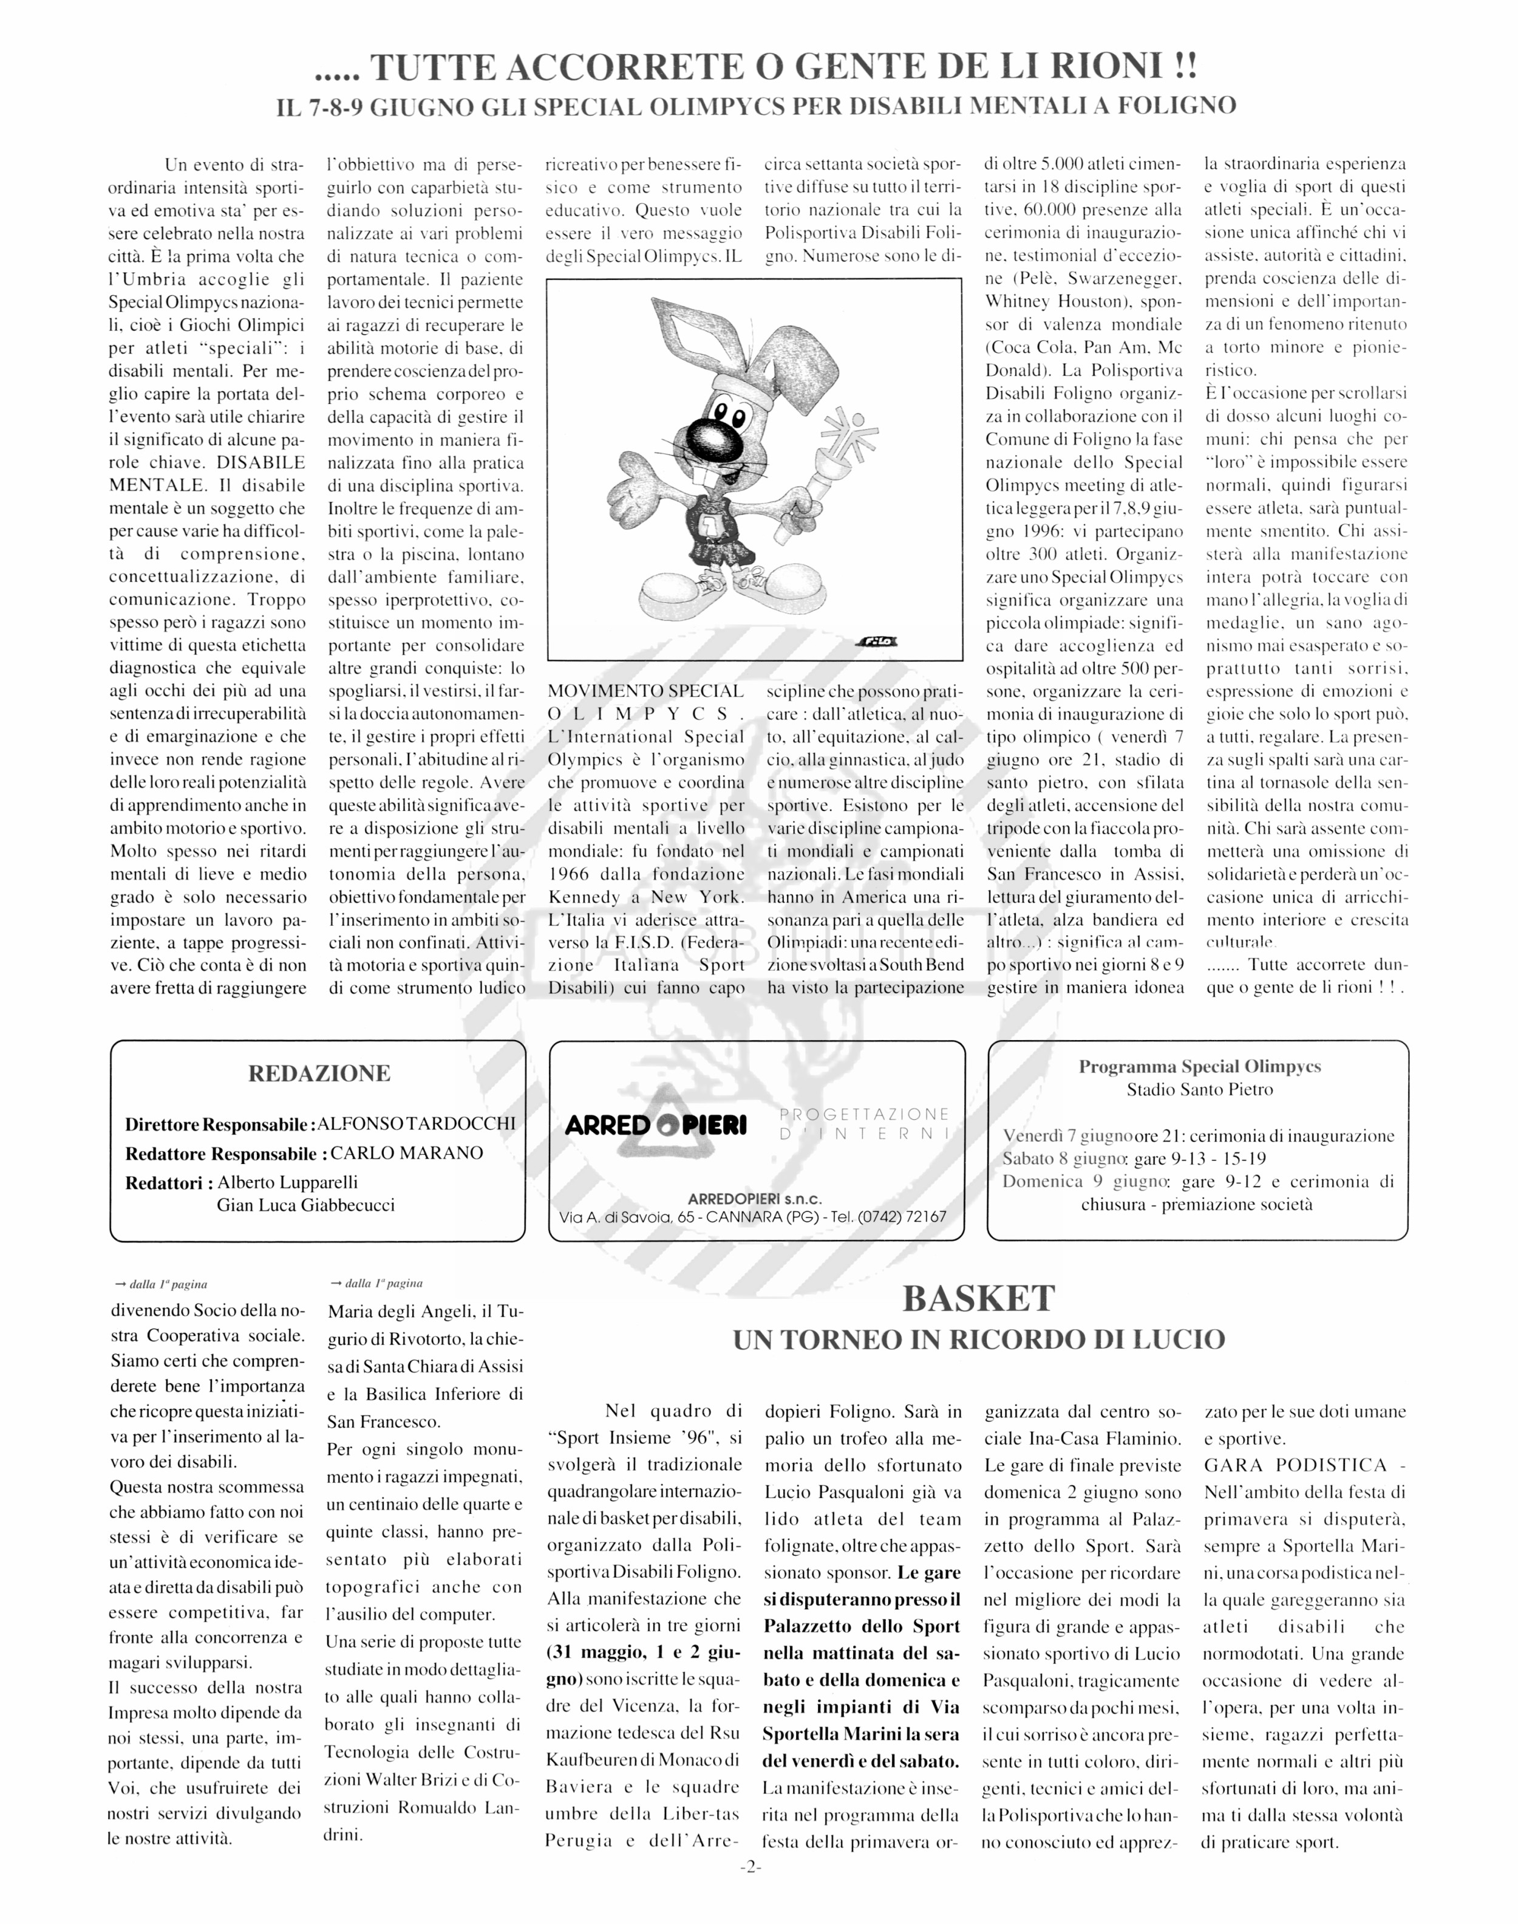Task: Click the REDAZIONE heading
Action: tap(318, 1073)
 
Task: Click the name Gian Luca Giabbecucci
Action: tap(306, 1205)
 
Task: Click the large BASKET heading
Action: tap(979, 1299)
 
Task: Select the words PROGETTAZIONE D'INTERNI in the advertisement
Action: tap(864, 1124)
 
